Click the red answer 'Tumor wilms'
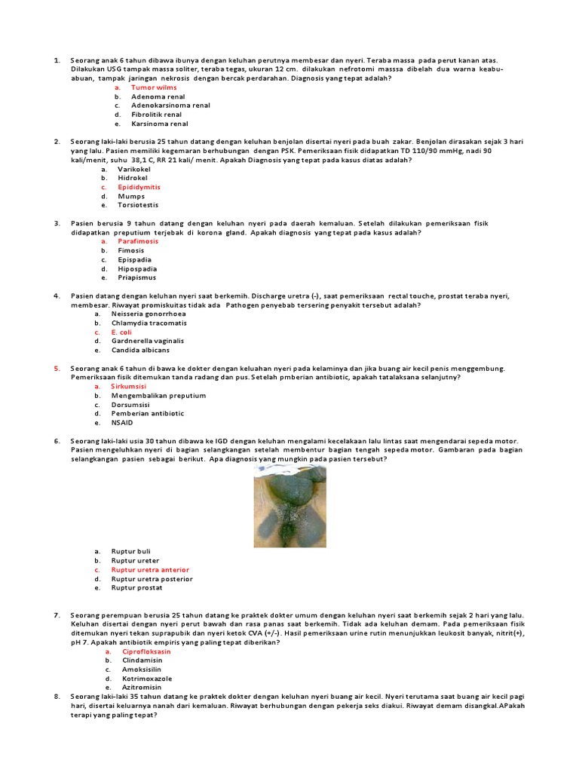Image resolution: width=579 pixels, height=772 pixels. coord(154,87)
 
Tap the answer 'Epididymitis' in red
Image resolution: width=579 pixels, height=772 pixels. coord(139,187)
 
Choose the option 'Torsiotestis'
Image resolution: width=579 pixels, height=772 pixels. coord(138,205)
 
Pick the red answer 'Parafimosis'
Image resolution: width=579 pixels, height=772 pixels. coord(138,241)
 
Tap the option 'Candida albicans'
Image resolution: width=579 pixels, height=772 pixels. coord(140,350)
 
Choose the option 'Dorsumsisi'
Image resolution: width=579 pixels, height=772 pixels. coord(132,404)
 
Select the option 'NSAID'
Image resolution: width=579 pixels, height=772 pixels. coord(121,422)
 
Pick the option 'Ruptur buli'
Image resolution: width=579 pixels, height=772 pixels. coord(131,552)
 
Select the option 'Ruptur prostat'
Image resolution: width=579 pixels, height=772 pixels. coord(136,588)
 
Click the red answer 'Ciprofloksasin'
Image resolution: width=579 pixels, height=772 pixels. coord(146,651)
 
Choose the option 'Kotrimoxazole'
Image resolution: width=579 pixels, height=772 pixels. coord(147,679)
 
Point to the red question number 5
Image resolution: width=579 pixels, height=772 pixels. coord(57,368)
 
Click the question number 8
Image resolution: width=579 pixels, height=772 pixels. coord(57,697)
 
